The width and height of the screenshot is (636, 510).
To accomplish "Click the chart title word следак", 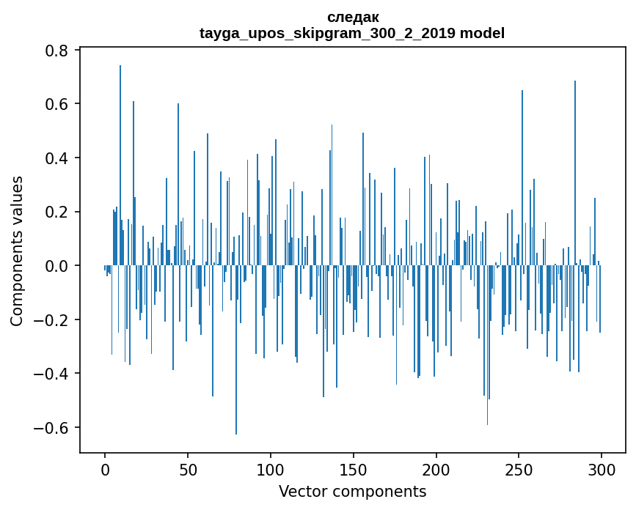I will [x=352, y=17].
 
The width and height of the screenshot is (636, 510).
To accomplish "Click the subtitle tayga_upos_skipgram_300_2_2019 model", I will [x=352, y=33].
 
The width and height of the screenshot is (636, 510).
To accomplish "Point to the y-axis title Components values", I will [x=17, y=251].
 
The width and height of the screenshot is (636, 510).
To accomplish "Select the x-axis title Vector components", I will [x=352, y=491].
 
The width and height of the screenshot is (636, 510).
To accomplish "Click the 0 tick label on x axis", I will [x=105, y=468].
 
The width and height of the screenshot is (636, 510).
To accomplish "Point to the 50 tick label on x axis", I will [x=188, y=468].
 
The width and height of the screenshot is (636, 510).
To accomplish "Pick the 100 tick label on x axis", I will [x=271, y=468].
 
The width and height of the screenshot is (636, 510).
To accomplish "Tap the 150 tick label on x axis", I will [x=354, y=468].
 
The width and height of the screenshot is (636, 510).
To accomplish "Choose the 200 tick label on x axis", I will [x=436, y=468].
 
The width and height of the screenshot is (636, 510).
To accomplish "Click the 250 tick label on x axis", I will [x=519, y=468].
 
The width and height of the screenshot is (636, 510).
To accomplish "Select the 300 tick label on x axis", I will [x=602, y=468].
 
